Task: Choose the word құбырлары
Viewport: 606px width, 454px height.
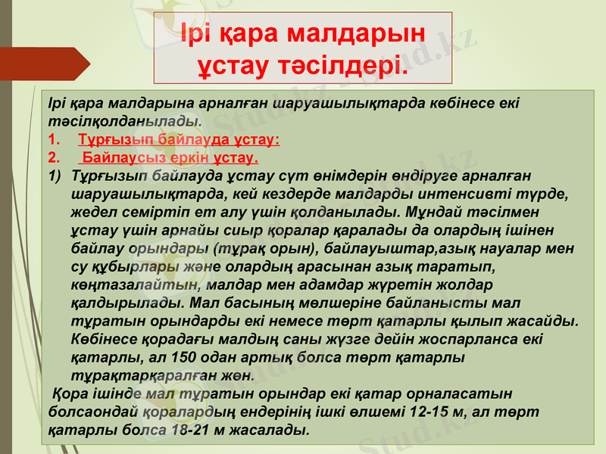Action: click(130, 266)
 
